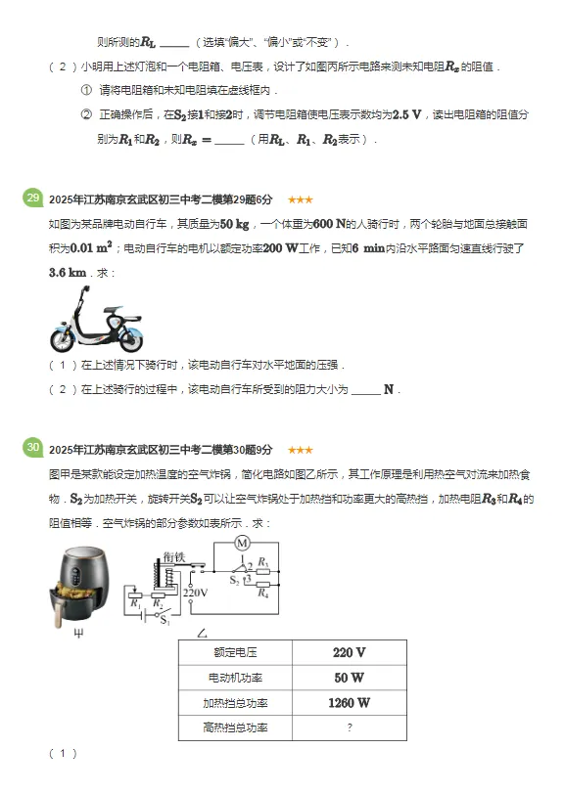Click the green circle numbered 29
[x=32, y=198]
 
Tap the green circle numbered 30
[x=32, y=449]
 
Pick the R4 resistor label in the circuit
[x=262, y=591]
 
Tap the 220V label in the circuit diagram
[x=197, y=592]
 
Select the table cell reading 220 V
[x=349, y=652]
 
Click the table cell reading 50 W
[x=349, y=677]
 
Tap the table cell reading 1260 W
[x=349, y=702]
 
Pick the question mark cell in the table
[x=349, y=727]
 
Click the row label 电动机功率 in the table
[x=235, y=677]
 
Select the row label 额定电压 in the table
[x=235, y=652]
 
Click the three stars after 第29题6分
[x=300, y=199]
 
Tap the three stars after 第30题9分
[x=300, y=450]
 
